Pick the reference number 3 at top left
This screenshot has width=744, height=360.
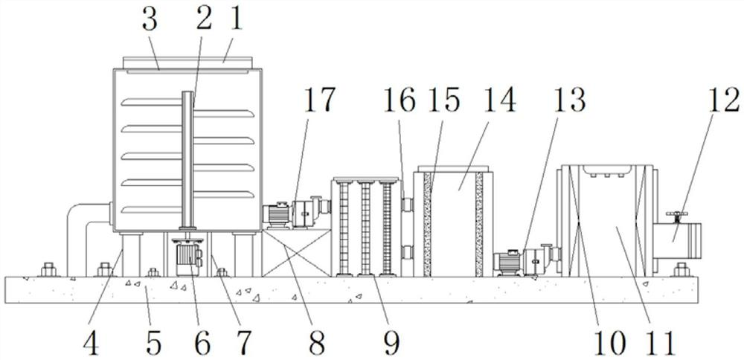(150, 21)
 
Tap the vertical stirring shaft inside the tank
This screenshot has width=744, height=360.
(186, 160)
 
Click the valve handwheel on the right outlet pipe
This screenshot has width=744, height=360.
(676, 216)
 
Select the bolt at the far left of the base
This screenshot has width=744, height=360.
(48, 268)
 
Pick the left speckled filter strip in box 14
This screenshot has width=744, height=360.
(428, 223)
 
